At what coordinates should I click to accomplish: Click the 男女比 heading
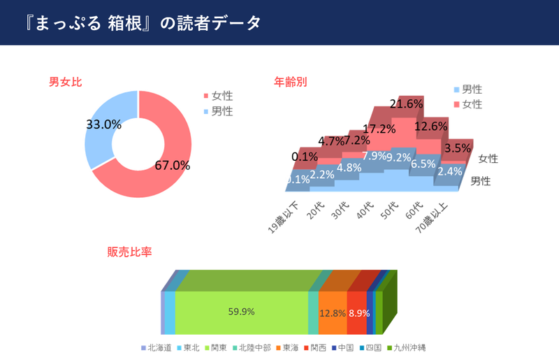pos(65,82)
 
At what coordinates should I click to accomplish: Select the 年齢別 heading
pos(290,82)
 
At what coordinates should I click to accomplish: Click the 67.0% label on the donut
pos(172,166)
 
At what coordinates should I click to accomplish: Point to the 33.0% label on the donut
pos(103,124)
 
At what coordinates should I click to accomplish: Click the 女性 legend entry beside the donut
pos(217,96)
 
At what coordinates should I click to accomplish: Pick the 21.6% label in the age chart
pos(406,104)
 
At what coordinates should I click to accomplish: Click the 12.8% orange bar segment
pos(332,312)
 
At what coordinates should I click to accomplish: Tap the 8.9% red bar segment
pos(357,312)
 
